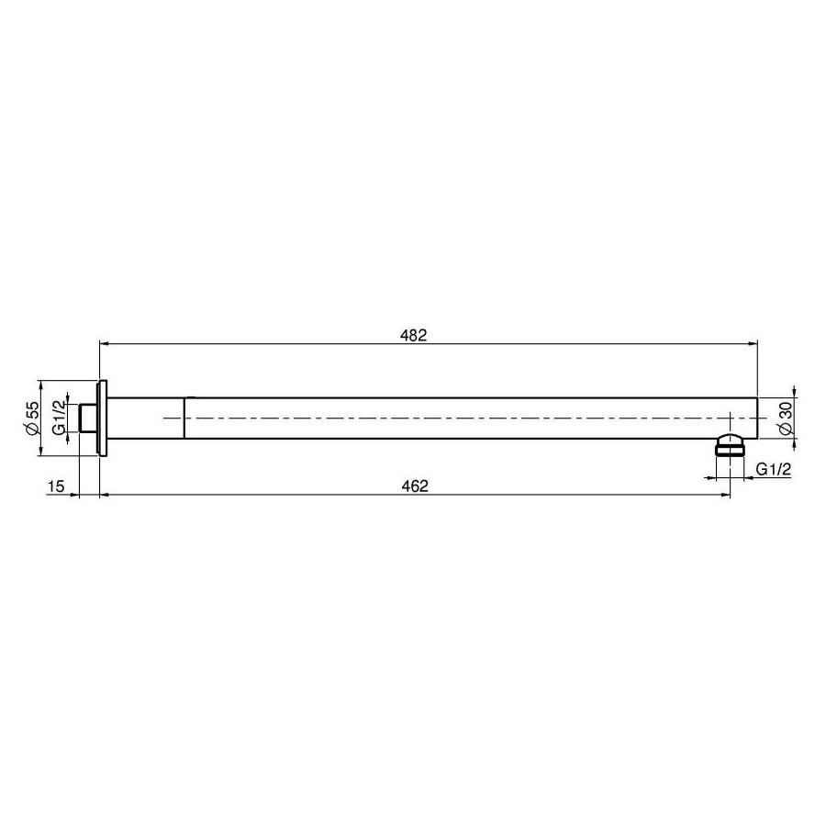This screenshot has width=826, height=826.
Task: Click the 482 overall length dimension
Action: [414, 336]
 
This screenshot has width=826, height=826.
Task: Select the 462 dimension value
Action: [415, 486]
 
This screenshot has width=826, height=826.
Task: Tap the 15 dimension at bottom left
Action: [56, 486]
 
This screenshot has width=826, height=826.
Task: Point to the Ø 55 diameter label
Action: [33, 418]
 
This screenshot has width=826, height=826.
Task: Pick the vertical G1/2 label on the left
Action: [60, 418]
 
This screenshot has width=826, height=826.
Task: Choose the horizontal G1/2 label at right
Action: [774, 469]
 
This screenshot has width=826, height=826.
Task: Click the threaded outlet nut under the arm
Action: [731, 445]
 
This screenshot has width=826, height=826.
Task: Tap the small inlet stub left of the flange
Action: [87, 419]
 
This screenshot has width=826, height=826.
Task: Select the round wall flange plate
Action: [102, 419]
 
